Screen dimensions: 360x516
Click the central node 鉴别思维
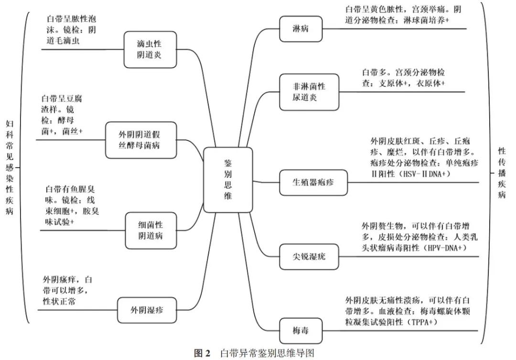tap(228, 180)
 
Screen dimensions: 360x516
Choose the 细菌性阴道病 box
tap(150, 230)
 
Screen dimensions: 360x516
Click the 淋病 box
tap(300, 28)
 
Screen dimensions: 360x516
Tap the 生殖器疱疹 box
tap(313, 182)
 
